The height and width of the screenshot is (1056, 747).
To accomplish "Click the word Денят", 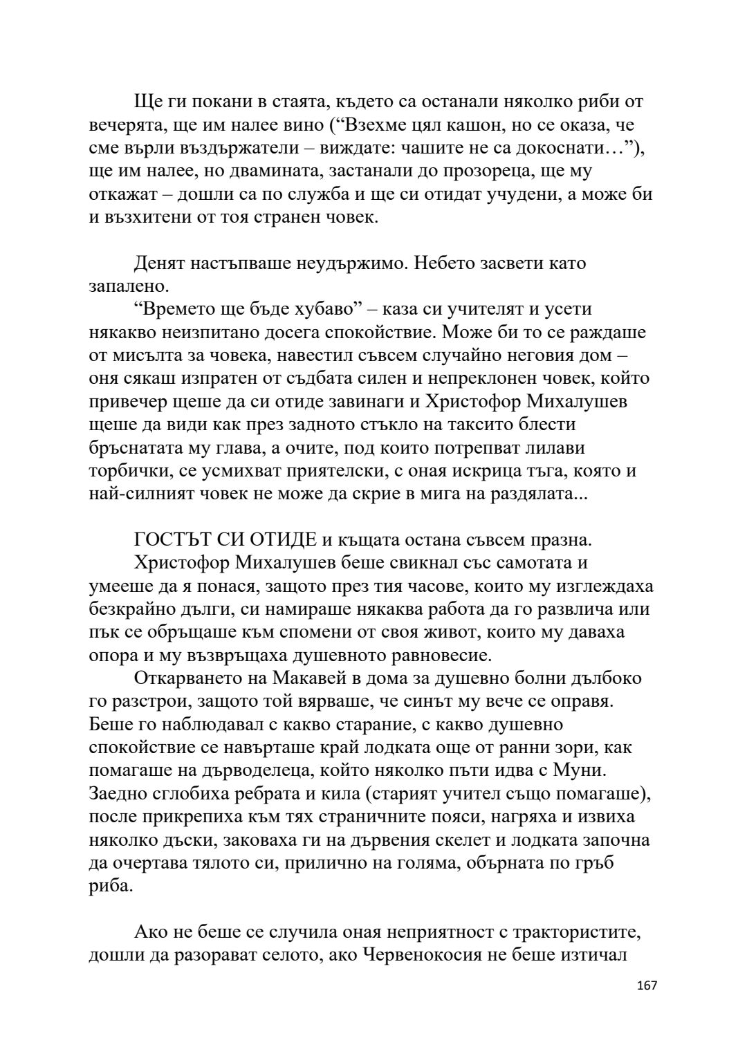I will (x=159, y=263).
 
